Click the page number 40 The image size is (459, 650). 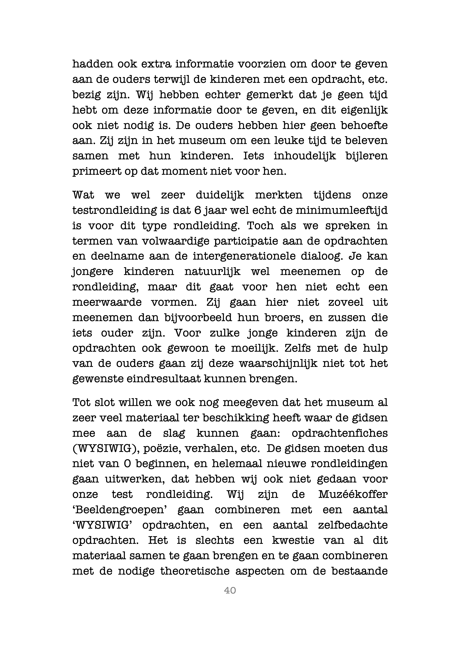click(x=230, y=590)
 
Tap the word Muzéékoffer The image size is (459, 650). click(x=353, y=495)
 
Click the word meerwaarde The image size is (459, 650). click(x=107, y=302)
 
